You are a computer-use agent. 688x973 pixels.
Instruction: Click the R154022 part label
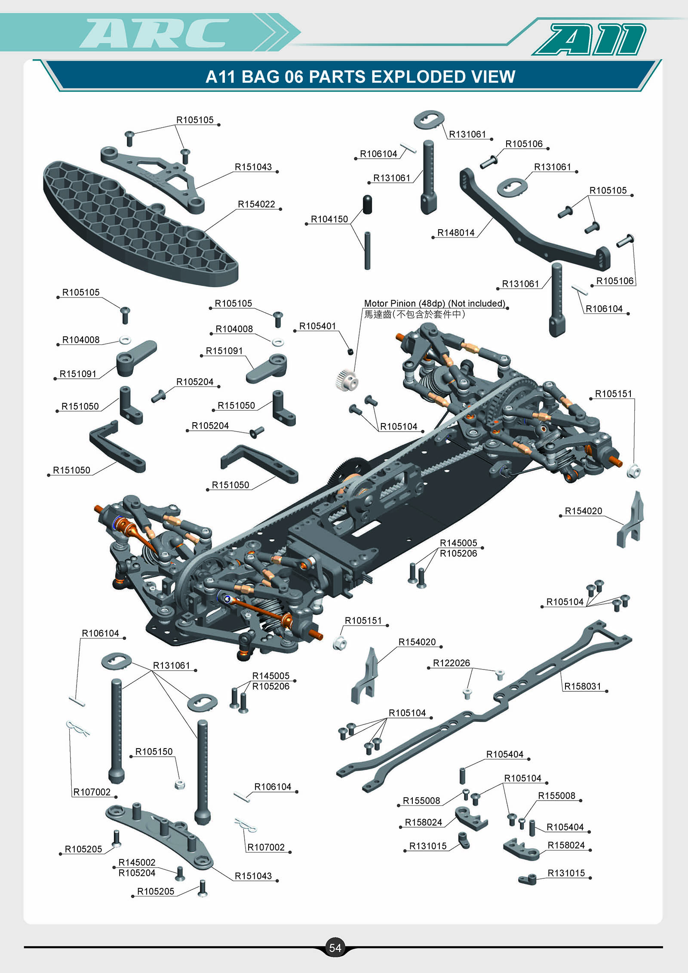tap(256, 204)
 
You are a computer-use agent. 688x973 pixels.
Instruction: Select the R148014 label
tap(456, 233)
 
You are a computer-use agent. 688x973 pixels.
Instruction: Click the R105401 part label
tap(317, 326)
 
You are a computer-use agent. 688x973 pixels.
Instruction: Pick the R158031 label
tap(582, 686)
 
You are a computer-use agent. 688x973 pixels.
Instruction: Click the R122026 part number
tap(451, 663)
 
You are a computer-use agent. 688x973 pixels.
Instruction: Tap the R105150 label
tap(154, 752)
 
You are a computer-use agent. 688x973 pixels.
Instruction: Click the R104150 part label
tap(329, 219)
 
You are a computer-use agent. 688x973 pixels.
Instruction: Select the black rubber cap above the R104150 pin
tap(367, 204)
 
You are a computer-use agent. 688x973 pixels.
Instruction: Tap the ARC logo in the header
tap(155, 33)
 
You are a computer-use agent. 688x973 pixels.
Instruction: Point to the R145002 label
tap(137, 863)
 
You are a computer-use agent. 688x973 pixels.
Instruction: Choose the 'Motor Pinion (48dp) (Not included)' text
tap(434, 304)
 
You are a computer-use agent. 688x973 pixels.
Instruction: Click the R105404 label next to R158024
tap(565, 827)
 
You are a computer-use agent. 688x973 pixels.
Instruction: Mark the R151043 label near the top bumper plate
tap(253, 167)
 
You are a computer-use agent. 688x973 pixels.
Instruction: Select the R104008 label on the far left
tap(81, 340)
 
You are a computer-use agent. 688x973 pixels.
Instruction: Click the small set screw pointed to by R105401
tap(350, 352)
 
